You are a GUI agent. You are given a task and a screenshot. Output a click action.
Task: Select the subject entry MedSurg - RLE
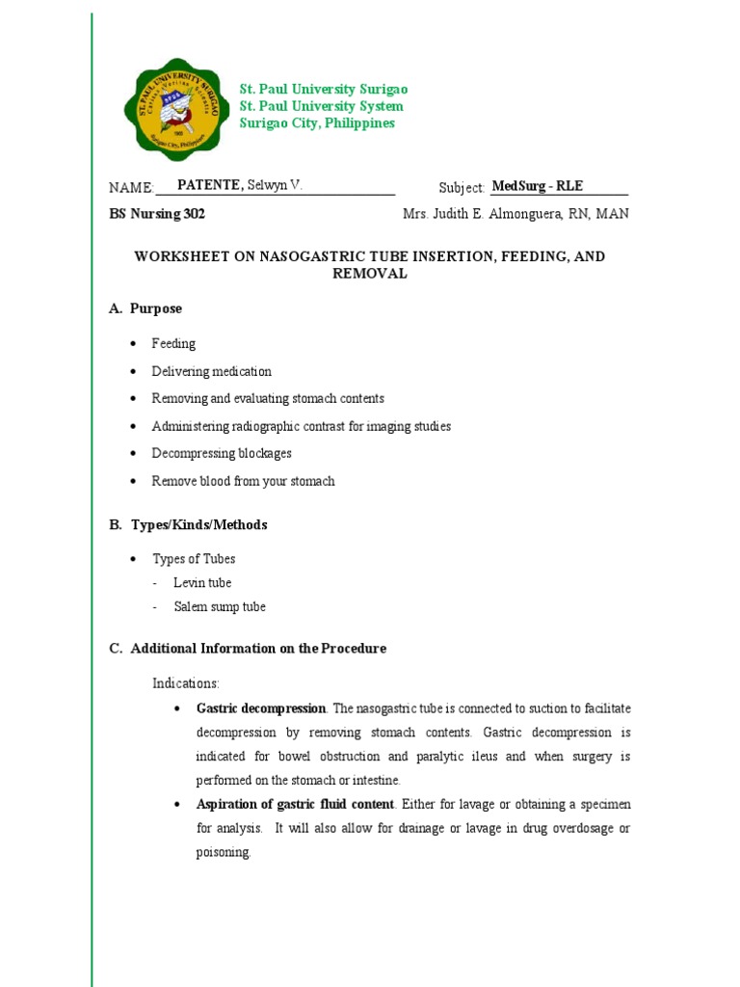[x=538, y=187]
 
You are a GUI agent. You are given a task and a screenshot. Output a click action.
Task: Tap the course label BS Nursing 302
[x=157, y=214]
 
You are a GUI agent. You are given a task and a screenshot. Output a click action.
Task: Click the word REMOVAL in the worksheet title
[x=370, y=274]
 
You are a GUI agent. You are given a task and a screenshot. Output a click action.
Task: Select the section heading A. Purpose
[x=145, y=308]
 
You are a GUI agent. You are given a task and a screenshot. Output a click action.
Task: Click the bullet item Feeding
[x=173, y=344]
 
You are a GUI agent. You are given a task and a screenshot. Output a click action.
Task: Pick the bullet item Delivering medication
[x=212, y=371]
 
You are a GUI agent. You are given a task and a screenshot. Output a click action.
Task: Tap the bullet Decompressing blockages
[x=222, y=453]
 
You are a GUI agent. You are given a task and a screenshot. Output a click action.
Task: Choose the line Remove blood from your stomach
[x=243, y=481]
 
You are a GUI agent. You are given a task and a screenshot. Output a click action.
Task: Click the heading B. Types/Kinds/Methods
[x=188, y=525]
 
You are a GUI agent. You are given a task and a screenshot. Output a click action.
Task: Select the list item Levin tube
[x=202, y=583]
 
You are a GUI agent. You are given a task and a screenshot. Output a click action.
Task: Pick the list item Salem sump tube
[x=220, y=607]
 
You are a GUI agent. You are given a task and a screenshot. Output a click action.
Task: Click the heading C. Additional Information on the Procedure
[x=248, y=649]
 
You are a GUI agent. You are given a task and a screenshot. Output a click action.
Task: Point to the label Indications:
[x=186, y=683]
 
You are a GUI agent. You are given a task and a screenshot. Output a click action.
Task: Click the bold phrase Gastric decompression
[x=261, y=708]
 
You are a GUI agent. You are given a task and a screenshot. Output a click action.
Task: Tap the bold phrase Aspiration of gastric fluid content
[x=295, y=804]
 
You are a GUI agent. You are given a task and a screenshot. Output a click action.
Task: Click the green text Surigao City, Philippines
[x=317, y=123]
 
